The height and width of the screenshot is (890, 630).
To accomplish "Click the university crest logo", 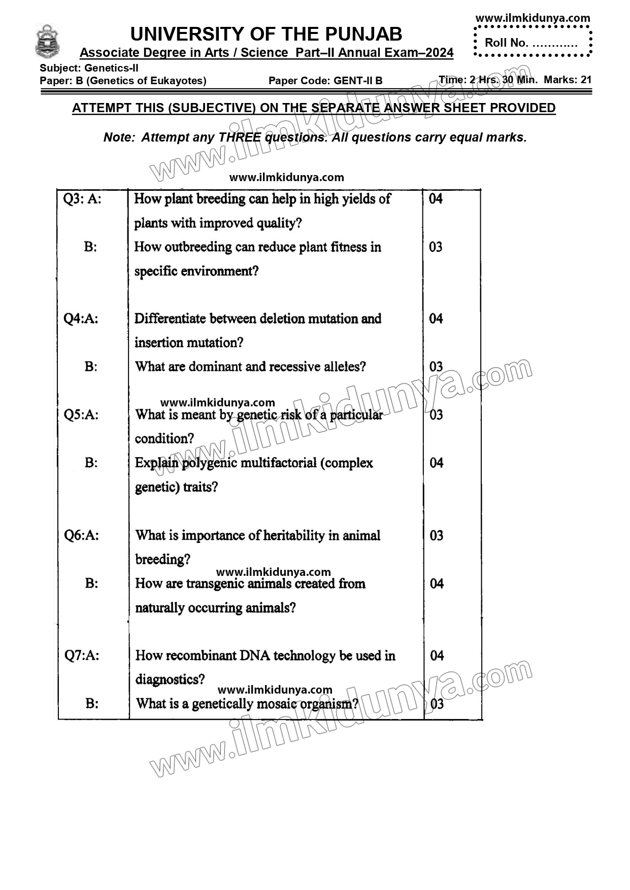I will pyautogui.click(x=47, y=42).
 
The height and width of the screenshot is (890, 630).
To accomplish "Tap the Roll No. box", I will pyautogui.click(x=532, y=43).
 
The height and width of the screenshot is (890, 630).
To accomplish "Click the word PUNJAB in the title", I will pyautogui.click(x=363, y=35).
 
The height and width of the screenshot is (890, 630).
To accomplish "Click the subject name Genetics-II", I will pyautogui.click(x=111, y=68).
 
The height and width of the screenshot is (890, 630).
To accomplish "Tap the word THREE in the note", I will pyautogui.click(x=240, y=138).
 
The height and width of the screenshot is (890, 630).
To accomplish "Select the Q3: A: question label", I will pyautogui.click(x=82, y=199).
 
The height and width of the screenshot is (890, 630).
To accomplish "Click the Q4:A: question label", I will pyautogui.click(x=81, y=319).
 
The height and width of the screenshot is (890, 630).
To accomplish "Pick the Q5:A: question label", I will pyautogui.click(x=81, y=415).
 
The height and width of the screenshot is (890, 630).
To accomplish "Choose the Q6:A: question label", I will pyautogui.click(x=82, y=535).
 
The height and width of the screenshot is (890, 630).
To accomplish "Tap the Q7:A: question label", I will pyautogui.click(x=82, y=656).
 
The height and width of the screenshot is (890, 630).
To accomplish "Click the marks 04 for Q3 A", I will pyautogui.click(x=436, y=199).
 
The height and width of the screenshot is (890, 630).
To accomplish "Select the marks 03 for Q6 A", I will pyautogui.click(x=437, y=535).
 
